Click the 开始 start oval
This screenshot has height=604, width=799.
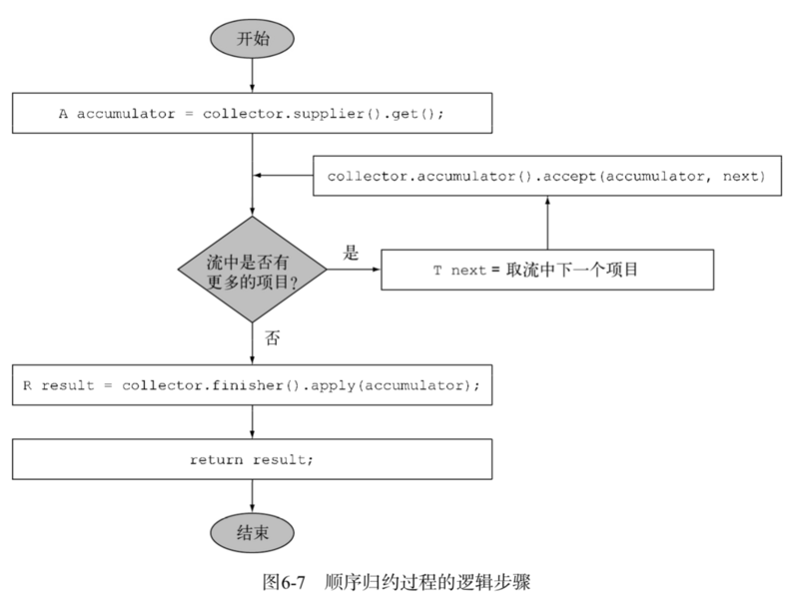click(252, 39)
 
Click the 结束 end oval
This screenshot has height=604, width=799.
click(252, 533)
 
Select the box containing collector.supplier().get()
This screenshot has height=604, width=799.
click(252, 113)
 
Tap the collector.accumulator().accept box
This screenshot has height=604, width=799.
click(546, 177)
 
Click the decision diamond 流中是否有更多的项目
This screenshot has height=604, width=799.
click(252, 270)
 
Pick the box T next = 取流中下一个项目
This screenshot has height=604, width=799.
click(546, 270)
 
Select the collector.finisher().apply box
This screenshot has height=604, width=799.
click(252, 385)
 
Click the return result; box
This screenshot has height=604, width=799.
click(252, 459)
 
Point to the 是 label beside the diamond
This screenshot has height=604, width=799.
click(351, 253)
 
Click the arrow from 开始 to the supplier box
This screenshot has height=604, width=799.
click(252, 76)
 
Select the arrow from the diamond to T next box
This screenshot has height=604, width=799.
click(354, 270)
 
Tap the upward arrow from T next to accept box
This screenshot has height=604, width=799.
click(547, 223)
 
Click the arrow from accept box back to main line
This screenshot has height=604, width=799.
click(284, 177)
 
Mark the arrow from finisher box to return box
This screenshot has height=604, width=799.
click(252, 422)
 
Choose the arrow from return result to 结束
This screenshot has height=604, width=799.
click(252, 495)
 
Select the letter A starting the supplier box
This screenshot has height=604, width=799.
click(63, 113)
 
